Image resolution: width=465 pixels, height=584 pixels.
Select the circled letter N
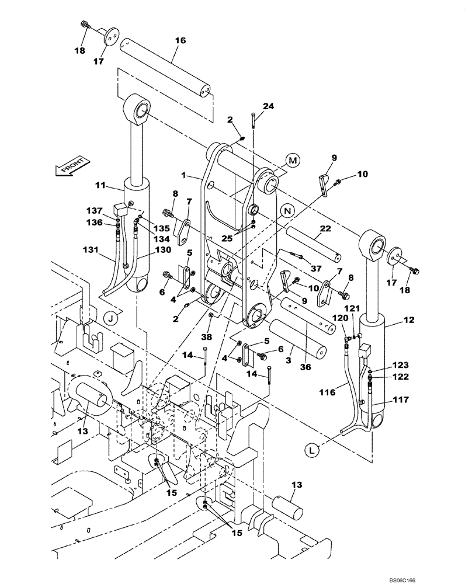[286, 210]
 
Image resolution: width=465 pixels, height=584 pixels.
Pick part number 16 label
[180, 41]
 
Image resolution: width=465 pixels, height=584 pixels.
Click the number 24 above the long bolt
[268, 106]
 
